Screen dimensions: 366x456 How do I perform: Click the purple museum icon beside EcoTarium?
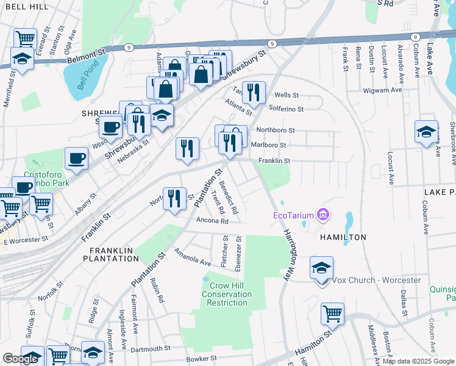(x=322, y=214)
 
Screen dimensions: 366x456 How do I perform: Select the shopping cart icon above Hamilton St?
(x=333, y=314)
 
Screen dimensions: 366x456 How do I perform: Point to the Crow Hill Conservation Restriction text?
(x=227, y=295)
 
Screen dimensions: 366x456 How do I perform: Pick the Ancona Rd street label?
(x=213, y=221)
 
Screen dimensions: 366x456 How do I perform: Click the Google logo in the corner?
(x=20, y=359)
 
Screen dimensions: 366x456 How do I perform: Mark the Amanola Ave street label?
(x=192, y=257)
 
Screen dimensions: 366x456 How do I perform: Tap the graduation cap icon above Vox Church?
(x=322, y=268)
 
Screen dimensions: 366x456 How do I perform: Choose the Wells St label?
(x=287, y=95)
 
